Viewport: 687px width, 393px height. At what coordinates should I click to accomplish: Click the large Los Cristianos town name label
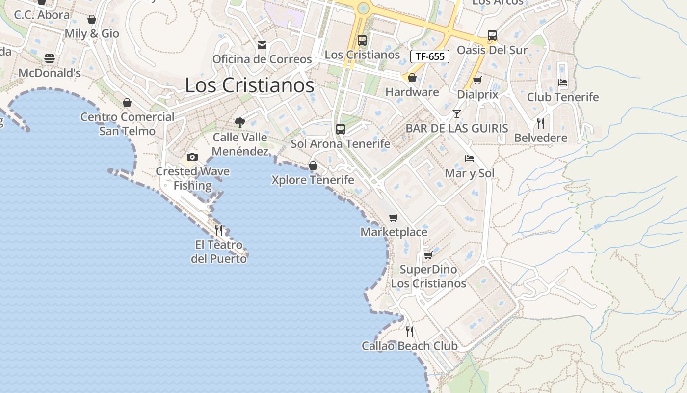coord(249,85)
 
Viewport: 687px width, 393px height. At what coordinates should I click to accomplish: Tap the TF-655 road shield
coord(429,56)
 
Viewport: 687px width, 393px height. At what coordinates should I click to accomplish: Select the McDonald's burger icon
coord(49,58)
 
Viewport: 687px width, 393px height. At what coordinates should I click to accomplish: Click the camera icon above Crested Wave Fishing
coord(192,157)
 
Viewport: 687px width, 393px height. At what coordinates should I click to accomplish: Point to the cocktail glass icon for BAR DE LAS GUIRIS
coord(457,114)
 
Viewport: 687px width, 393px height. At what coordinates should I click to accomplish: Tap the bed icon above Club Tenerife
coord(563,83)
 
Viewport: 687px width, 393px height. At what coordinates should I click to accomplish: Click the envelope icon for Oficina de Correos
coord(262,45)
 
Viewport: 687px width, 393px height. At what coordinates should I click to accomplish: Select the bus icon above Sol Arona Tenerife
coord(340,129)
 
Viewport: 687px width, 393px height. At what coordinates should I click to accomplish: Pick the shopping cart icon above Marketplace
coord(393,218)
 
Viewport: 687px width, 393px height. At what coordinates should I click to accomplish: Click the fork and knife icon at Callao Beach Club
coord(410,332)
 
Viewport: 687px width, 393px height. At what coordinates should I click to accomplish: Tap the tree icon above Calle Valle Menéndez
coord(239,122)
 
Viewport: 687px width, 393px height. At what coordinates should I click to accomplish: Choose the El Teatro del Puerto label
coord(219,252)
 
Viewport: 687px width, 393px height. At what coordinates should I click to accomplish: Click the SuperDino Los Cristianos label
coord(428,277)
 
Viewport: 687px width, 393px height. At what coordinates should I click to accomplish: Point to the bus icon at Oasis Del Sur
coord(492,35)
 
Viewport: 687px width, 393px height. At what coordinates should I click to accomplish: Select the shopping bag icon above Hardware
coord(412,78)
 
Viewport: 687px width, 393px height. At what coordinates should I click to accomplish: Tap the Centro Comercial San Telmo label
coord(127,124)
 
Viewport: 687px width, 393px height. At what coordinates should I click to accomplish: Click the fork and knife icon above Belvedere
coord(541,123)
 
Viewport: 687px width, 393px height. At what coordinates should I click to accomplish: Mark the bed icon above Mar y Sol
coord(470,159)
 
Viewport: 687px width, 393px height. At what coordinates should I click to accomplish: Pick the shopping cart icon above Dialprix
coord(477,80)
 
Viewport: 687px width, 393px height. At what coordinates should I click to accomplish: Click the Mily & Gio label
coord(92,33)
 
